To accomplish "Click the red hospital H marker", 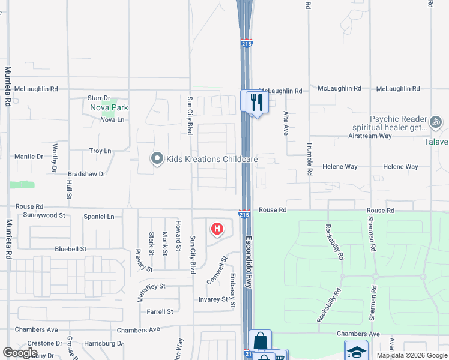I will coord(217,229).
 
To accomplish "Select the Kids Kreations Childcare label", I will coord(212,159).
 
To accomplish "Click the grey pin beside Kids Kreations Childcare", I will coord(157,159).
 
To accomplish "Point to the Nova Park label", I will coord(109,108).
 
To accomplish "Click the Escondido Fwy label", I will coord(249,258).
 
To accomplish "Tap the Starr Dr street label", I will coord(99,98).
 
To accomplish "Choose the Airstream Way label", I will coord(370,136).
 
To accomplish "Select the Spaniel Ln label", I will coord(98,217).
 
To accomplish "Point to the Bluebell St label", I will coord(71,248).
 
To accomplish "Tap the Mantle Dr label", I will coord(29,157).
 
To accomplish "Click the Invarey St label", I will coord(213,299).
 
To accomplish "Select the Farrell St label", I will coord(160,311).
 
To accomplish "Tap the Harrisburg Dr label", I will coord(104,344).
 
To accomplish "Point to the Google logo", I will coord(20,353).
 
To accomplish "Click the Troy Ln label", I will coord(100,151).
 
